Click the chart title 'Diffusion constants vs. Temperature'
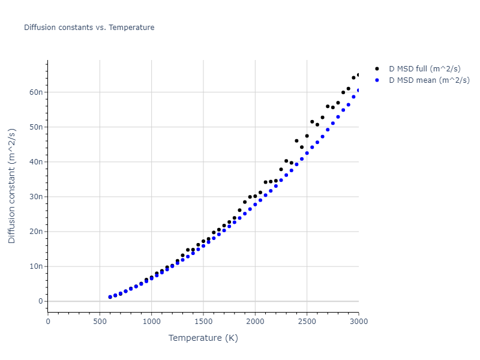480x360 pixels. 89,28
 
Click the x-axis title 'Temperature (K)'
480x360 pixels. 203,338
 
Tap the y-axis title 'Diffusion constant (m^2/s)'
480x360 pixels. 12,186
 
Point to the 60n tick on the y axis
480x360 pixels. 35,92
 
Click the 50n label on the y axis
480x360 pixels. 35,127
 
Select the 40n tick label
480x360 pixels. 35,162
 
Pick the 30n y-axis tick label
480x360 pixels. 35,197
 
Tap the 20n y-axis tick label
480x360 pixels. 35,232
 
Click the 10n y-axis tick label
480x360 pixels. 35,266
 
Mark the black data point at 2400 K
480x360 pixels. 296,141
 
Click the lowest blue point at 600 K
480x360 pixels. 110,297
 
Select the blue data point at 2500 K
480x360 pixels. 307,153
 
